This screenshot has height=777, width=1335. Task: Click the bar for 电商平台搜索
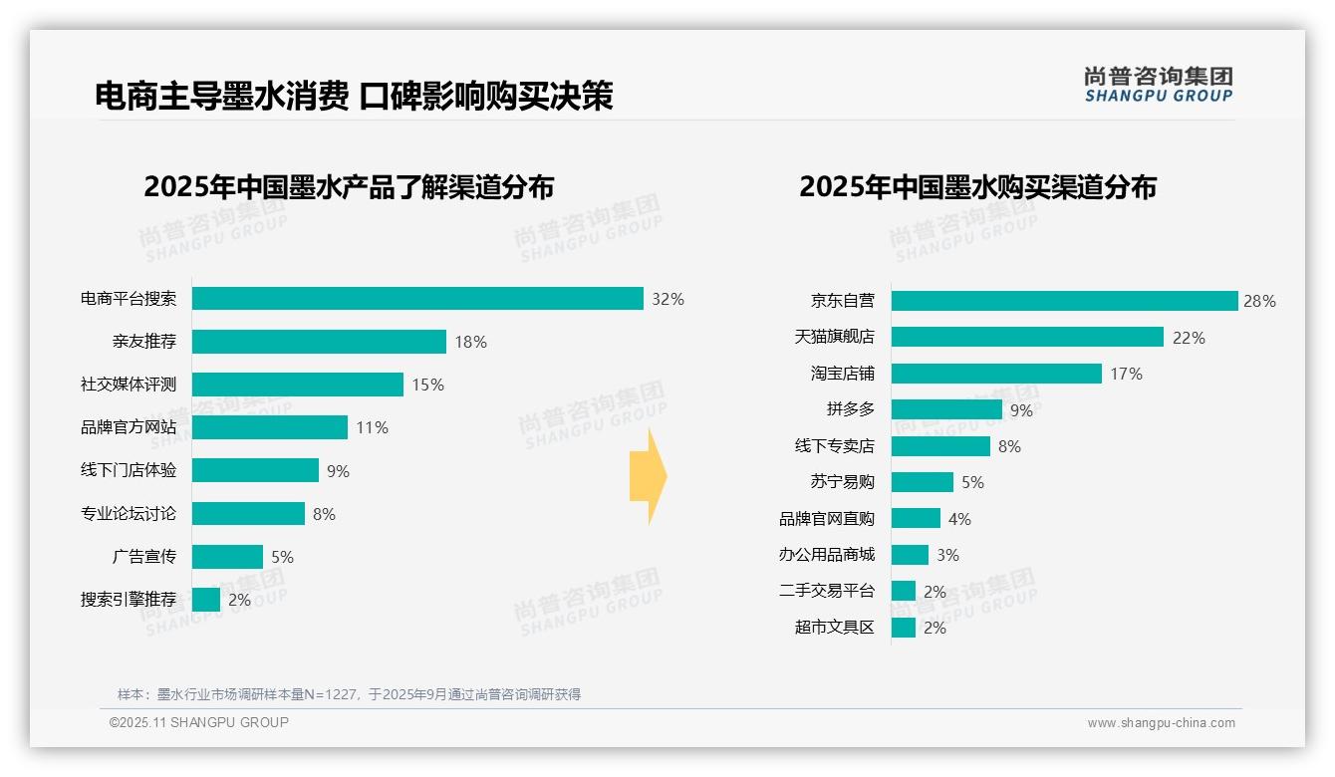[x=417, y=299]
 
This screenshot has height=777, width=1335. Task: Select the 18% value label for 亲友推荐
[x=470, y=342]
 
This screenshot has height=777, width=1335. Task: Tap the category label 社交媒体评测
[x=129, y=385]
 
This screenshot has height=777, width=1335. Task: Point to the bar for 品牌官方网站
[x=269, y=427]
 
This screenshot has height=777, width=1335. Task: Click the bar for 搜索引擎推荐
[x=206, y=600]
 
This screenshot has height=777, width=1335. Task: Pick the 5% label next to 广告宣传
[x=283, y=557]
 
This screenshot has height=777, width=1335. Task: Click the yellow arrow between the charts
[x=648, y=476]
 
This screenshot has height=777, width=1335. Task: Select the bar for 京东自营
[x=1063, y=301]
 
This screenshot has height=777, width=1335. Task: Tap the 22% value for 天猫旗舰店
[x=1189, y=338]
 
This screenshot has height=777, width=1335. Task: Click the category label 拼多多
[x=850, y=409]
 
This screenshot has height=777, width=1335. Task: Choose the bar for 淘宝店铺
[x=995, y=374]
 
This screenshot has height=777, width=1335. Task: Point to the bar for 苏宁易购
[x=922, y=482]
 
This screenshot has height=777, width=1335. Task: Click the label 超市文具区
[x=834, y=628]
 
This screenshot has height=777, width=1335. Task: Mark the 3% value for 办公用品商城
[x=947, y=555]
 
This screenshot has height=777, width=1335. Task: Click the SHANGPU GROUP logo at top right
[x=1158, y=85]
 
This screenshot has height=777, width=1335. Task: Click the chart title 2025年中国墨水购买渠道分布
[x=977, y=186]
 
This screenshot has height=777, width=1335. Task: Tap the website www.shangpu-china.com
[x=1161, y=723]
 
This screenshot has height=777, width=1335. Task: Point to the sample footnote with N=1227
[x=349, y=694]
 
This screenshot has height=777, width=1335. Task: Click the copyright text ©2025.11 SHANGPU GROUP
[x=199, y=722]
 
